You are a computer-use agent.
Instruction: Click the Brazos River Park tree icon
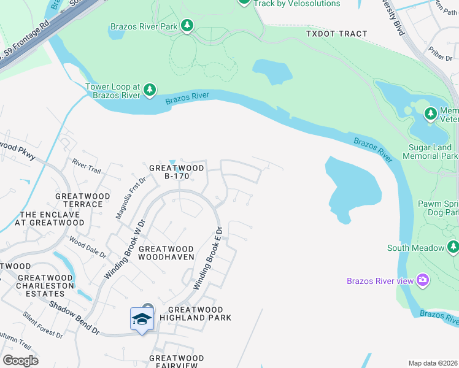tap(187, 26)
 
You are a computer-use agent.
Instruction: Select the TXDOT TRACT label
tap(336, 34)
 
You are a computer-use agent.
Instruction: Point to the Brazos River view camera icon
tap(422, 281)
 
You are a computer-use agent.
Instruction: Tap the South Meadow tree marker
tap(453, 248)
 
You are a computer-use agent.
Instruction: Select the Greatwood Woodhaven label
tap(166, 253)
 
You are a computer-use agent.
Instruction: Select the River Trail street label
tap(86, 165)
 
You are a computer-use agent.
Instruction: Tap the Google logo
tap(20, 360)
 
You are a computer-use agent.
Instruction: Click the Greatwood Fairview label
tap(176, 362)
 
